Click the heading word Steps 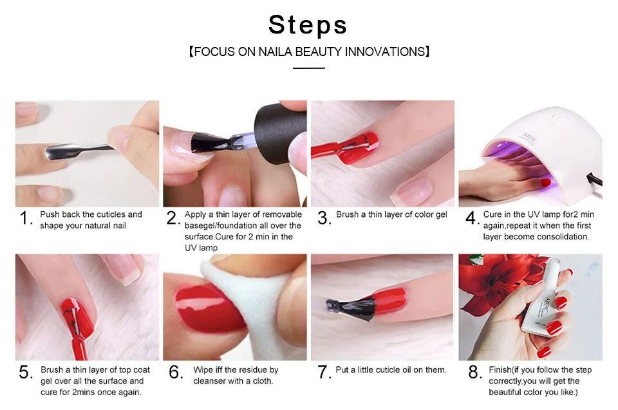click(308, 25)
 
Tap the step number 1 click(26, 218)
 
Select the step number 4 click(472, 218)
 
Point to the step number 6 click(176, 372)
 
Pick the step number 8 click(474, 372)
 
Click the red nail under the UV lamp click(545, 183)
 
